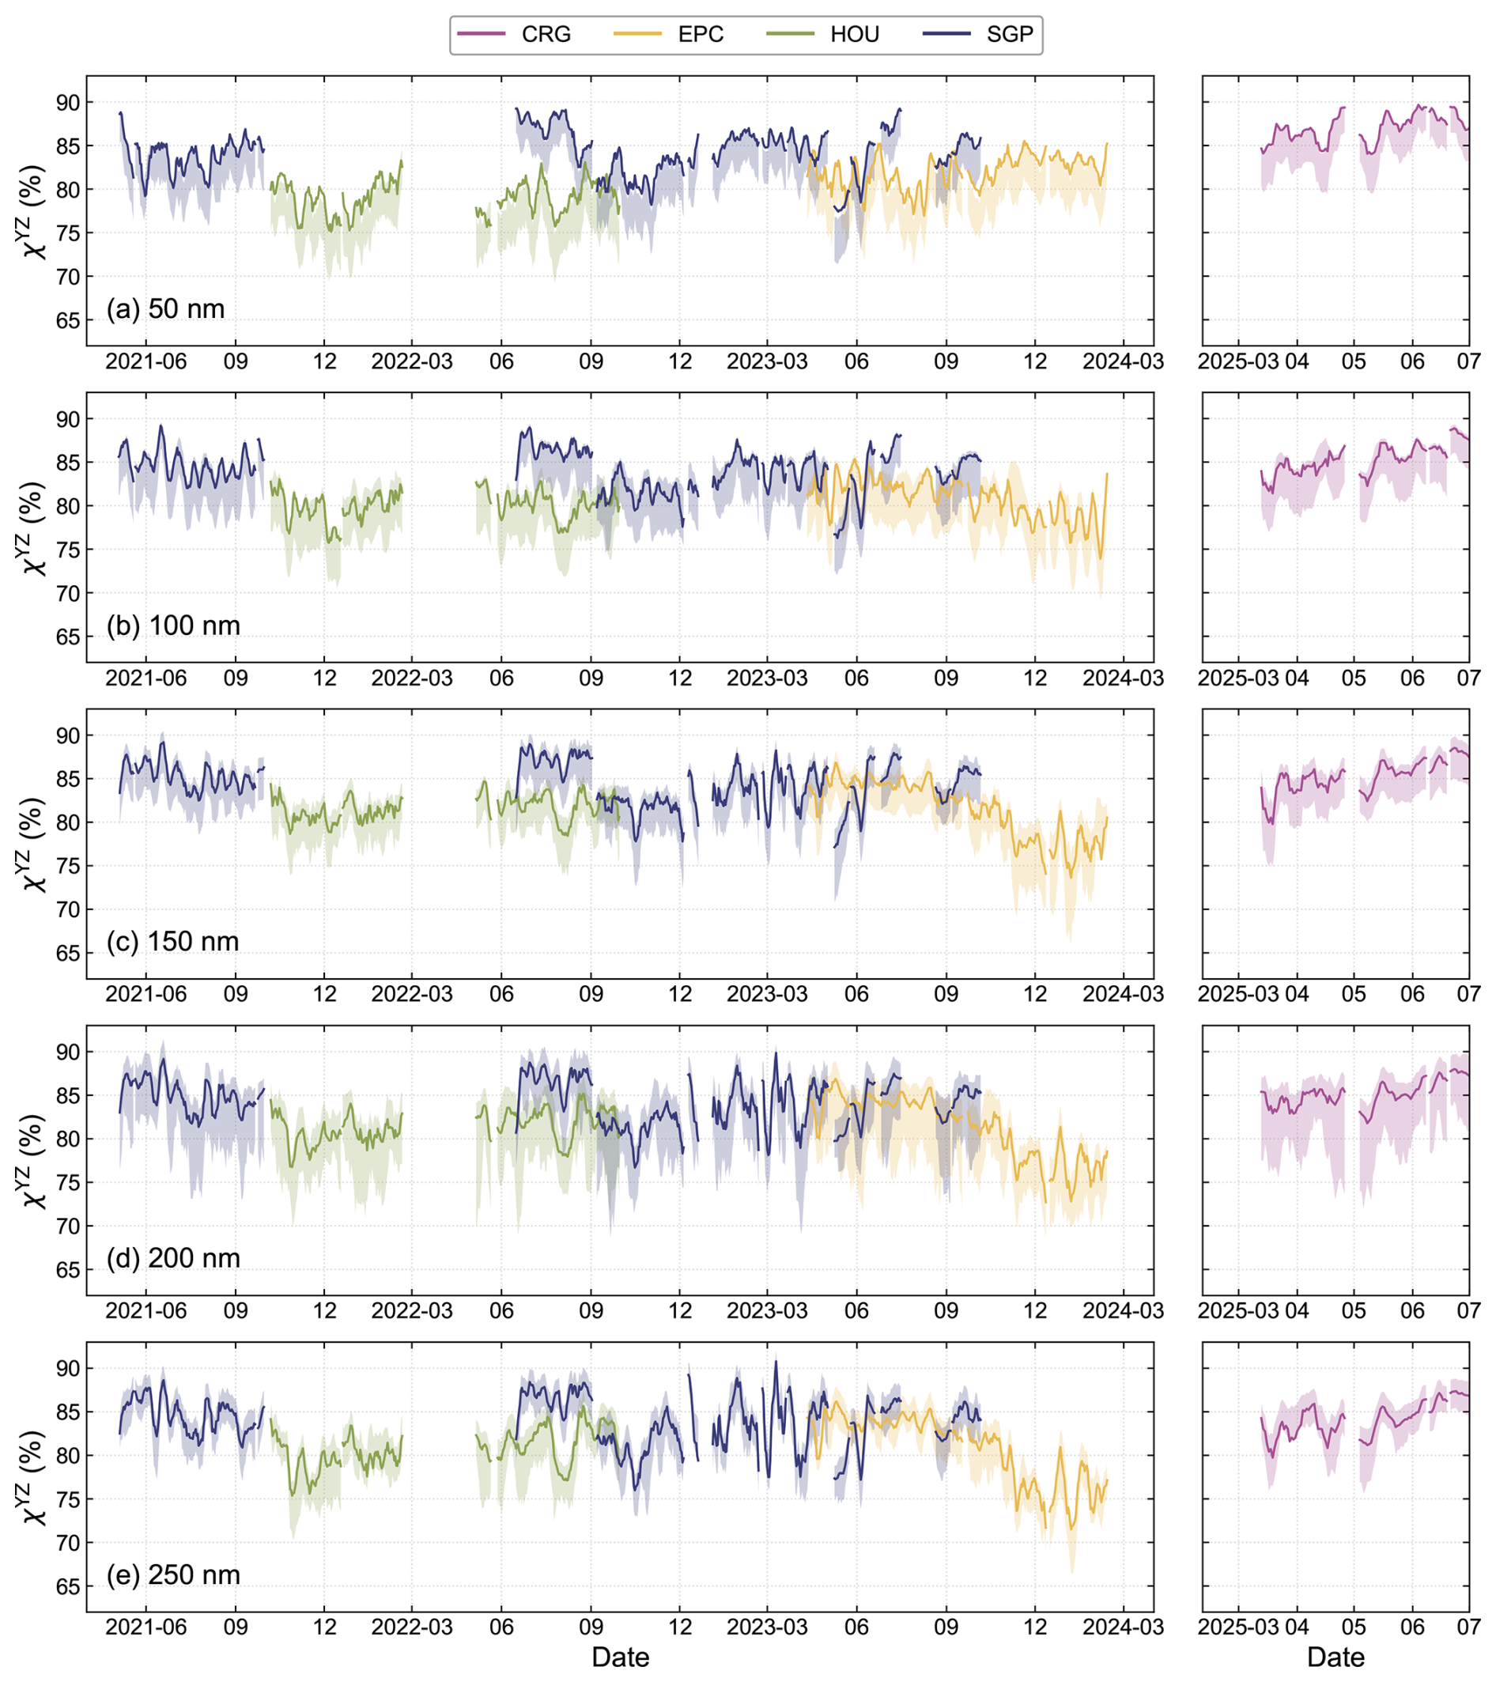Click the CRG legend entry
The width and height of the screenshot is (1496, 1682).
[514, 34]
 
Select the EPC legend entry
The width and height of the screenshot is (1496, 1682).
[669, 34]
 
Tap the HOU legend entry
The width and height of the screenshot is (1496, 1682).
[823, 34]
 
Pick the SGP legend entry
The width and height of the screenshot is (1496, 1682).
[978, 34]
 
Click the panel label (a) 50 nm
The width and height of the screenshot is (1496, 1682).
[165, 308]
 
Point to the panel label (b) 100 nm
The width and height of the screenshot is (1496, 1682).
[174, 626]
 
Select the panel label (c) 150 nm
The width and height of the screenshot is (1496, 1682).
[173, 941]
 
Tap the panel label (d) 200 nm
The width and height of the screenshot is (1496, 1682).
[174, 1258]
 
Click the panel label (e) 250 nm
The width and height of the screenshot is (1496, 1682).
[174, 1574]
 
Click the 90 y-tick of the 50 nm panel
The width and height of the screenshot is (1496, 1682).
[68, 103]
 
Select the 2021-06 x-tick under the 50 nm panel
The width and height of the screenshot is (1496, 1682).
[146, 361]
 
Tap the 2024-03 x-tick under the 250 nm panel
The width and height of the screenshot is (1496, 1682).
[1124, 1627]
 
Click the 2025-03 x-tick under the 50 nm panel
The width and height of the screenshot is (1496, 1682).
[1238, 361]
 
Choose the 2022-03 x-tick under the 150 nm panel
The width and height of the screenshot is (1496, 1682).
[412, 994]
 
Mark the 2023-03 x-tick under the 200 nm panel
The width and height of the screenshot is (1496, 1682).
[768, 1310]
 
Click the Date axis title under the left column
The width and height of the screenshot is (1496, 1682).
[621, 1657]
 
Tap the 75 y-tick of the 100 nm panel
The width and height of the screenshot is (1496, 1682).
[68, 550]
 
